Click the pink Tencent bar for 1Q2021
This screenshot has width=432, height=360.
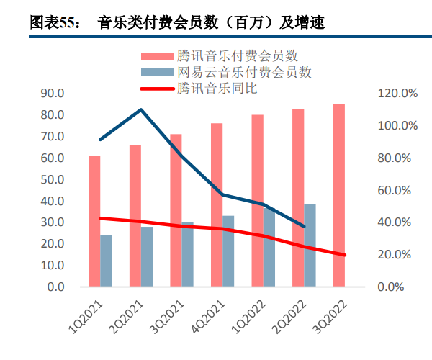point(94,221)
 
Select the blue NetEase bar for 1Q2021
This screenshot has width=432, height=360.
point(107,261)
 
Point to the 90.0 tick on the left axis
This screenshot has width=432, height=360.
point(52,94)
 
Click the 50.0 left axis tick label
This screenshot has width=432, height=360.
point(52,179)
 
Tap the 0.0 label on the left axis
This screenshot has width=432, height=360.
point(55,287)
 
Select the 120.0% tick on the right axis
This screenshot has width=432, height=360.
point(397,94)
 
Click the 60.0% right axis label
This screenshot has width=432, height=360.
point(397,190)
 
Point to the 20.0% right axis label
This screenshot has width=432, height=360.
point(397,255)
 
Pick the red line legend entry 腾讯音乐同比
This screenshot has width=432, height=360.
point(217,89)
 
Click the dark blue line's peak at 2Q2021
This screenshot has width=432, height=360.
point(141,109)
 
